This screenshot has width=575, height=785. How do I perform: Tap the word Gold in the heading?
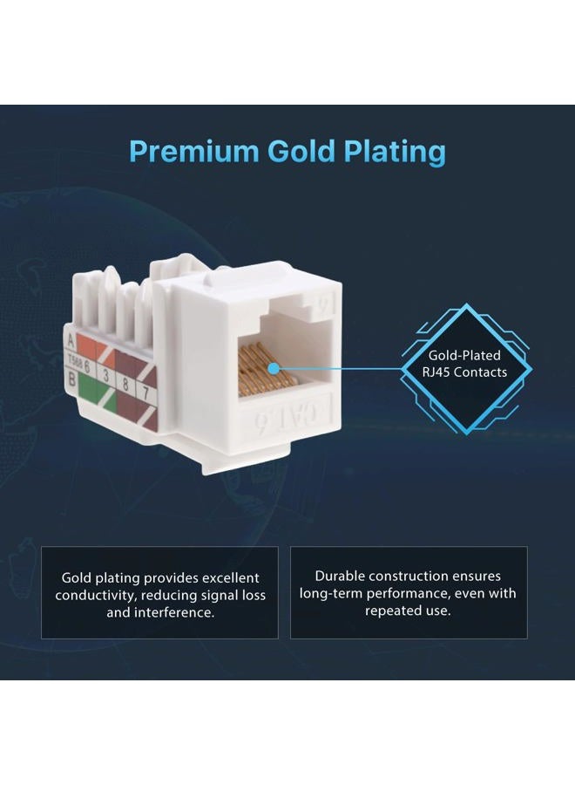tap(301, 150)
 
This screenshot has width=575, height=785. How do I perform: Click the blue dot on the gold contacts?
tap(273, 369)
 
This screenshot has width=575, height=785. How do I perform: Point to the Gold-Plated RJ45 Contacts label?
tap(464, 364)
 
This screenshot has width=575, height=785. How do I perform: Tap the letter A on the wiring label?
tap(71, 340)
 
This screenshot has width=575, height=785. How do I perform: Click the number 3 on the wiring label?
tap(105, 375)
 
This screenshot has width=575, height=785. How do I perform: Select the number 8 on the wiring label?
tap(125, 385)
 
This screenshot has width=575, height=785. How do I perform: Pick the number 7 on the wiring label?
tap(146, 392)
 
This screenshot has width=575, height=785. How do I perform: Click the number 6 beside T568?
tap(86, 366)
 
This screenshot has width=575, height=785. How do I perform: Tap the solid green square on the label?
tap(87, 388)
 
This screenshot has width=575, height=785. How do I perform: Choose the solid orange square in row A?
tap(85, 346)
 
